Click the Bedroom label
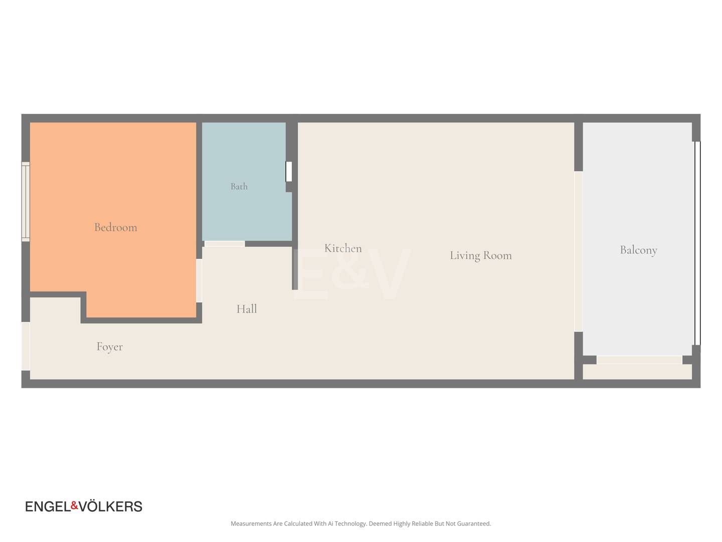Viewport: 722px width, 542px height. [115, 227]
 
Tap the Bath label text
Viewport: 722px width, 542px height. [239, 187]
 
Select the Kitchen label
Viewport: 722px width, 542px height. [343, 248]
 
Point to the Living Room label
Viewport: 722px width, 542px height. [480, 256]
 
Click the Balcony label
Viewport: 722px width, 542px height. [638, 250]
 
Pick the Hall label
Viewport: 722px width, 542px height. [246, 309]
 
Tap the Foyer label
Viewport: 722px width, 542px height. [109, 347]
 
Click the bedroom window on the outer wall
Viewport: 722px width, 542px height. [26, 202]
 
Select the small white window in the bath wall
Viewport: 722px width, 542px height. [288, 172]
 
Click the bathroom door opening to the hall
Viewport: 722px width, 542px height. [225, 244]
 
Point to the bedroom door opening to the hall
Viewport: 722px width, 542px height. [199, 281]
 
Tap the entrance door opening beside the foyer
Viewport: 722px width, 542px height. [26, 346]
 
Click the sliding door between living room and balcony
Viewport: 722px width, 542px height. [578, 251]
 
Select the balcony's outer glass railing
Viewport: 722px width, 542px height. [697, 243]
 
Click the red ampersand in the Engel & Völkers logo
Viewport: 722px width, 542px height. [75, 505]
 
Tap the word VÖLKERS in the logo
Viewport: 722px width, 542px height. [110, 506]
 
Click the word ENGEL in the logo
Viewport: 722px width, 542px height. [48, 507]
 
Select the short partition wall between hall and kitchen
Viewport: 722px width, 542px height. [295, 268]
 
